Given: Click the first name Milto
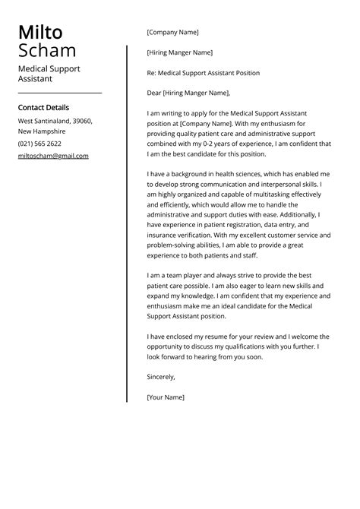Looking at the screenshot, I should pos(40,33).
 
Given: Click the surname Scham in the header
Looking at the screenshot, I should pos(47,51).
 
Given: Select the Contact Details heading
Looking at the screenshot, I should pos(43,108).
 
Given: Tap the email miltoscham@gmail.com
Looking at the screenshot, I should pos(53,156).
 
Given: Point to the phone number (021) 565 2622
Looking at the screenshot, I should pos(39,144).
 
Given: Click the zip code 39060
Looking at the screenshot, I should pos(81,121).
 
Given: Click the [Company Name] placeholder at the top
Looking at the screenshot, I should pos(172,33).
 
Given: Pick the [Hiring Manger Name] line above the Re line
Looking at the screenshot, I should pos(179,52).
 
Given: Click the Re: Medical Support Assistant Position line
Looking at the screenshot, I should pos(203,73).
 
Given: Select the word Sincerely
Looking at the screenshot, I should pos(161,377).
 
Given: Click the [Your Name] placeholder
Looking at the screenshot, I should pos(166,397).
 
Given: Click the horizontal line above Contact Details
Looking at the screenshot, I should pos(60,93).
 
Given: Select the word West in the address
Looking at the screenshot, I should pos(27,121).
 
